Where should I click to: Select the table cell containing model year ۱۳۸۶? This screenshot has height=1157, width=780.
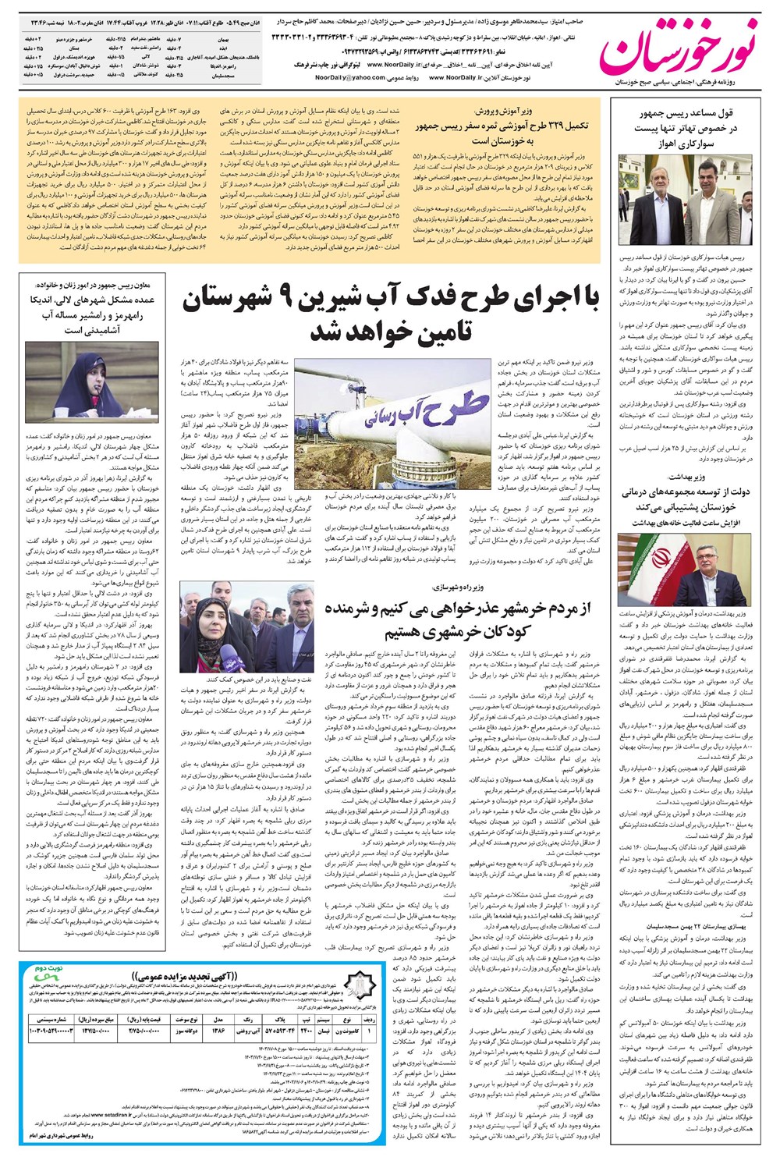(220, 1031)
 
